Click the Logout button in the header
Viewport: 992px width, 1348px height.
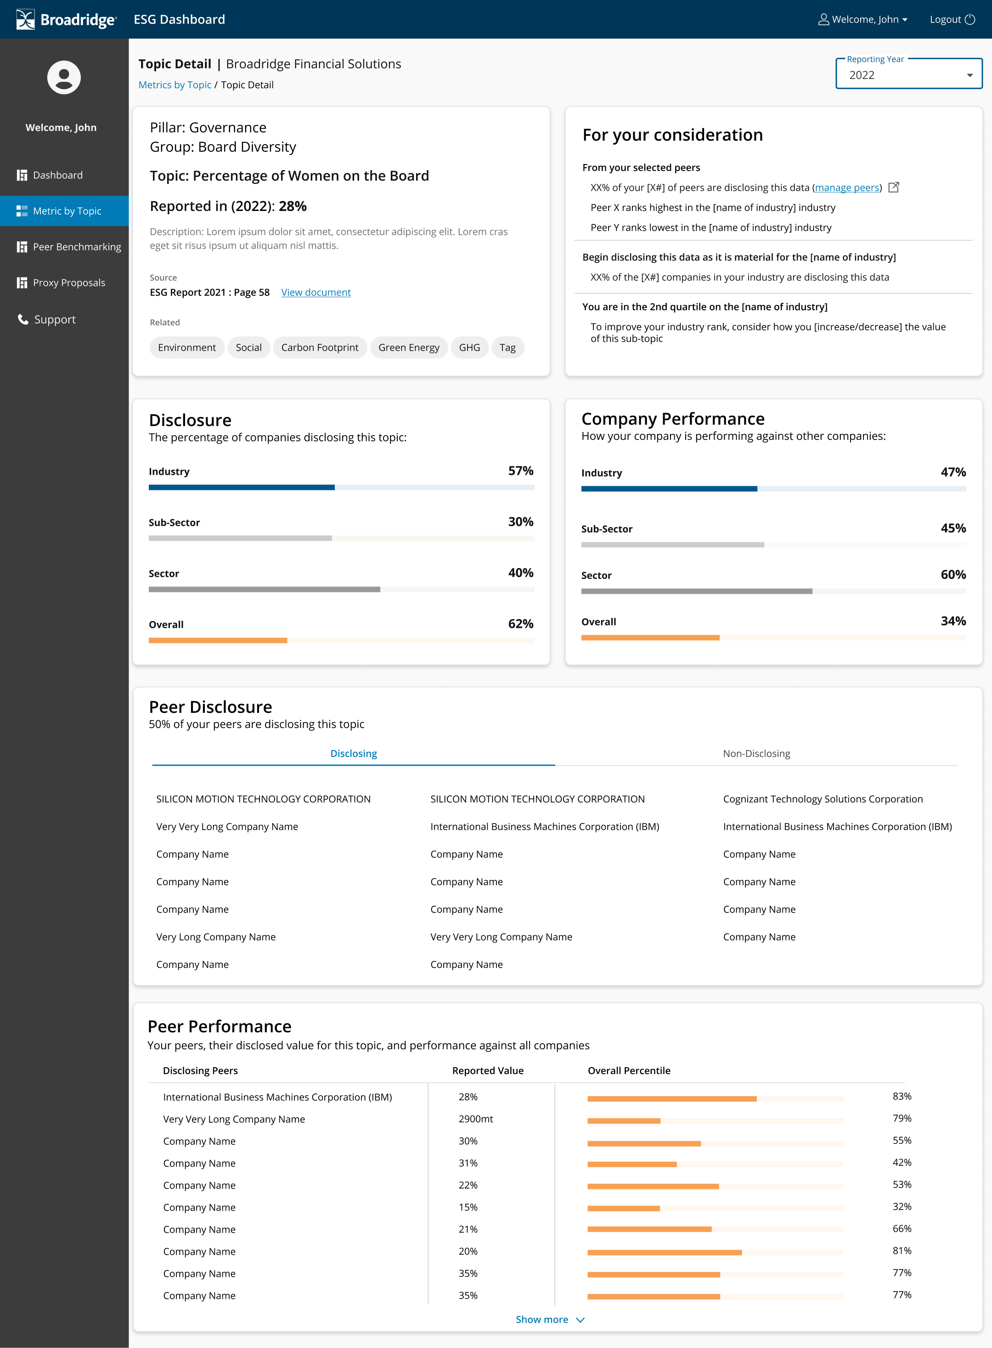(x=952, y=19)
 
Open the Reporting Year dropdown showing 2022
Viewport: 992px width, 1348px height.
(x=908, y=74)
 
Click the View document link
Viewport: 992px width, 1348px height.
(x=316, y=293)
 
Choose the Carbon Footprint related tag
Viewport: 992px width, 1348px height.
(x=320, y=347)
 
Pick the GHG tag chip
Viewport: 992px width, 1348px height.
(x=469, y=347)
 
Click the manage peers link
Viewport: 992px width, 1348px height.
(x=847, y=188)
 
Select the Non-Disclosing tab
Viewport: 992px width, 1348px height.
(x=756, y=754)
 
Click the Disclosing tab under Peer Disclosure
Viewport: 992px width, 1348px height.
(x=354, y=754)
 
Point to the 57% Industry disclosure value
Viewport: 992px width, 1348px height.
(x=521, y=471)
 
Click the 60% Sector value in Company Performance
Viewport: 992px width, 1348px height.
(x=953, y=574)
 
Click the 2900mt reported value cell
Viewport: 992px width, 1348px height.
(x=476, y=1119)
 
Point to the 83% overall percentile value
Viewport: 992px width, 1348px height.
(x=902, y=1096)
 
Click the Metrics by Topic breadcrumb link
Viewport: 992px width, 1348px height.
(x=175, y=85)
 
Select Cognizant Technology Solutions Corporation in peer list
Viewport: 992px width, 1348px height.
(x=823, y=799)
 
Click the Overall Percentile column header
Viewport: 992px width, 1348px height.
(x=629, y=1071)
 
